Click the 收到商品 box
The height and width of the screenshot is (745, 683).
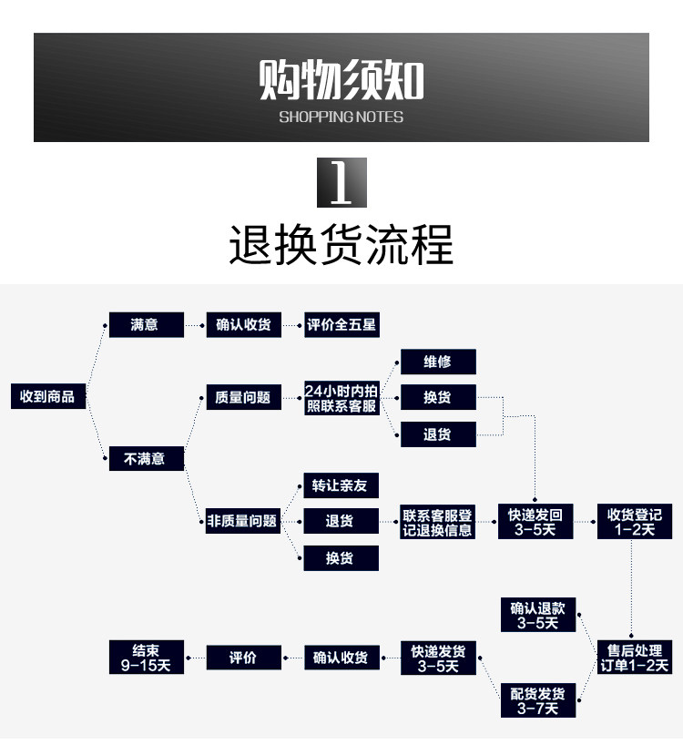tap(48, 396)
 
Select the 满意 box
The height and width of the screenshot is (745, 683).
tap(147, 324)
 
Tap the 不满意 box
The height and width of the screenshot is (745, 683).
tap(147, 458)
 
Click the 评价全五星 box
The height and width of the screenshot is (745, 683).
tap(341, 324)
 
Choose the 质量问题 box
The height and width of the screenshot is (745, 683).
tap(244, 397)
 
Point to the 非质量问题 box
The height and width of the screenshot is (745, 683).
tap(243, 521)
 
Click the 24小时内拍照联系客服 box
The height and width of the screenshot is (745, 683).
tap(341, 398)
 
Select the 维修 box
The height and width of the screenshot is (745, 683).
tap(438, 362)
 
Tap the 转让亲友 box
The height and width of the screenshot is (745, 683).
tap(341, 485)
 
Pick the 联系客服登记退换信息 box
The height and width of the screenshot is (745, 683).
tap(437, 522)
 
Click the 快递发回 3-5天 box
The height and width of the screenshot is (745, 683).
tap(535, 521)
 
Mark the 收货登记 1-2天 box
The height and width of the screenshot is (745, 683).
tap(635, 521)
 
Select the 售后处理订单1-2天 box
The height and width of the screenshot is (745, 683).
tap(635, 657)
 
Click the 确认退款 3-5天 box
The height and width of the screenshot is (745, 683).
tap(538, 615)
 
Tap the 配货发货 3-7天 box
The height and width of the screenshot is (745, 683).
tap(538, 700)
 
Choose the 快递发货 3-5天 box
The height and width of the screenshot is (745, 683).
tap(438, 658)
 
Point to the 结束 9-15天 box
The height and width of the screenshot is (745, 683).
tap(147, 657)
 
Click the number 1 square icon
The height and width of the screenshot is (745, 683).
tap(342, 182)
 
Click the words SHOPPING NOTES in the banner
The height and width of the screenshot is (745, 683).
tap(341, 117)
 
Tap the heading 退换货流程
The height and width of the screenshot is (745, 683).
tap(341, 244)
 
